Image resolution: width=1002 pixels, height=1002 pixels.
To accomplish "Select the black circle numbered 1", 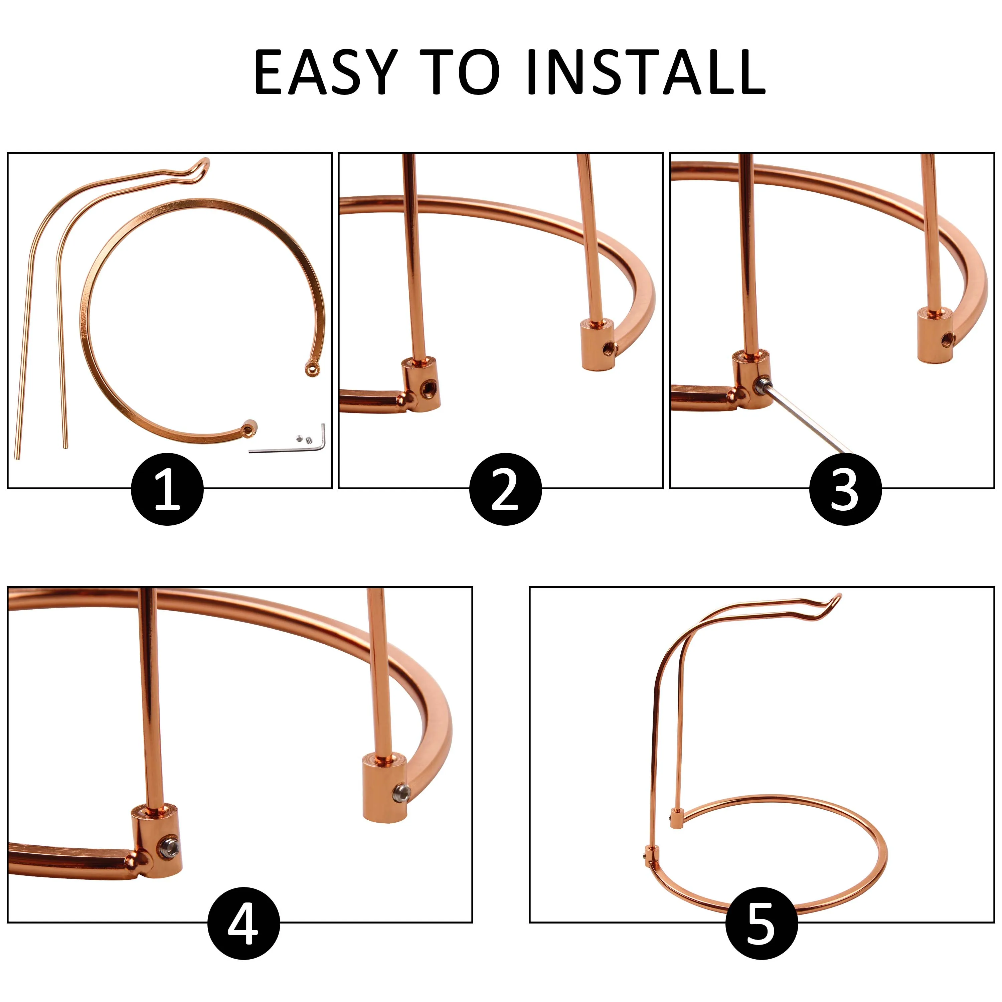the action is pos(167,489).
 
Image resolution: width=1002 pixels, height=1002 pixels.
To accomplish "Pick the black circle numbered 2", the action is pos(506,489).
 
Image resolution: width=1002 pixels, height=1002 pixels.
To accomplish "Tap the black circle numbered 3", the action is pos(845,489).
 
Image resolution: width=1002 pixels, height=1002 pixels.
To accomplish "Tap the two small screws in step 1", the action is pos(303,439).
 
